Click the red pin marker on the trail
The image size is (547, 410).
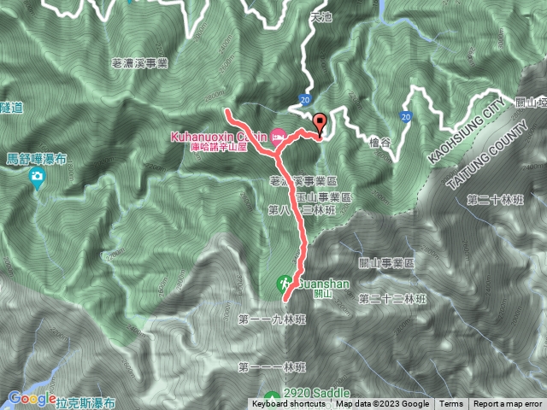tap(321, 122)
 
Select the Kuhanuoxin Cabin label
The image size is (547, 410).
tap(218, 136)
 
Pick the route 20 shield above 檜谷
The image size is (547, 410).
tap(405, 115)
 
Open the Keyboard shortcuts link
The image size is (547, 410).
tap(288, 404)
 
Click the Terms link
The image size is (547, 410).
tap(451, 404)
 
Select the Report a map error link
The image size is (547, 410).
tap(508, 404)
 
